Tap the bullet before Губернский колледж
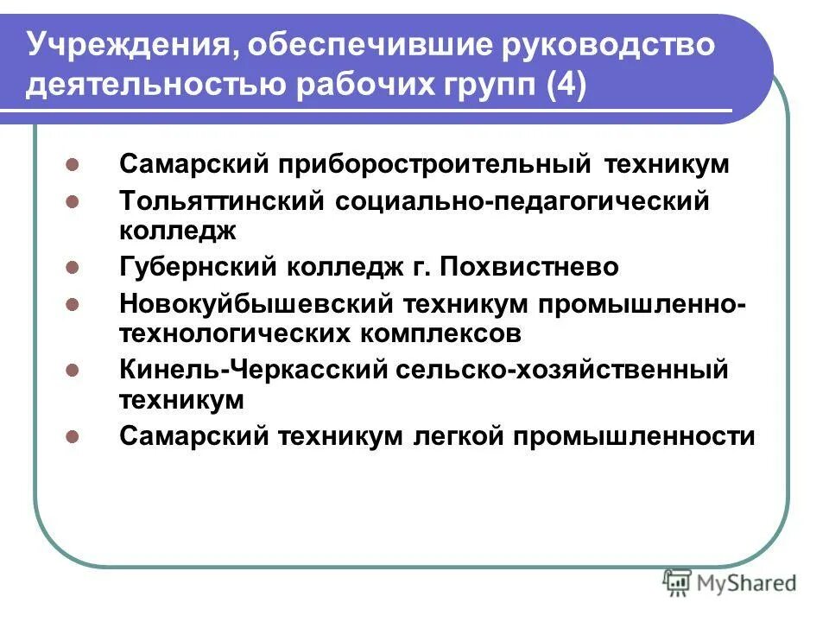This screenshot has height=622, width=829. point(73,268)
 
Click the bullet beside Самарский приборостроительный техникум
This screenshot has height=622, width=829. point(73,164)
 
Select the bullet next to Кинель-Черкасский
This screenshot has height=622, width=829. point(73,371)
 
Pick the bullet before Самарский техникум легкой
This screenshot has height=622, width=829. point(73,436)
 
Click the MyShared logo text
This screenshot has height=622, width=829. point(749,583)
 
